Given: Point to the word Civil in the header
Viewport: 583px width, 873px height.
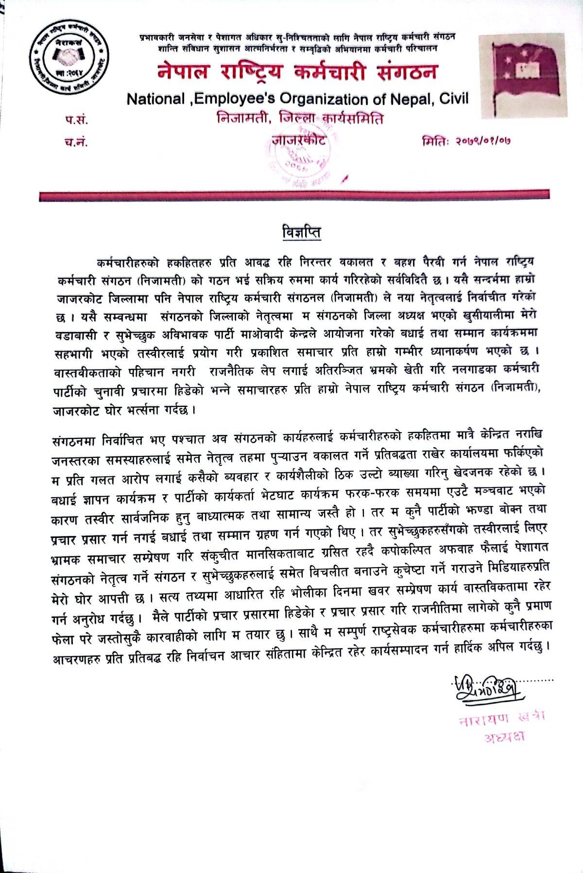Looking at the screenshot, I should [452, 99].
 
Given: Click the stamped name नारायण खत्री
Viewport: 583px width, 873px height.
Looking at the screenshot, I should [502, 718].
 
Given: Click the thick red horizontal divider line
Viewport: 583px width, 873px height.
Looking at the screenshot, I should [294, 196].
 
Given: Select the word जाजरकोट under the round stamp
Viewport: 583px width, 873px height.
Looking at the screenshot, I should [298, 141].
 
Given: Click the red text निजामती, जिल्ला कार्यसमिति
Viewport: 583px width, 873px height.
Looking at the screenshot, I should [300, 119].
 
